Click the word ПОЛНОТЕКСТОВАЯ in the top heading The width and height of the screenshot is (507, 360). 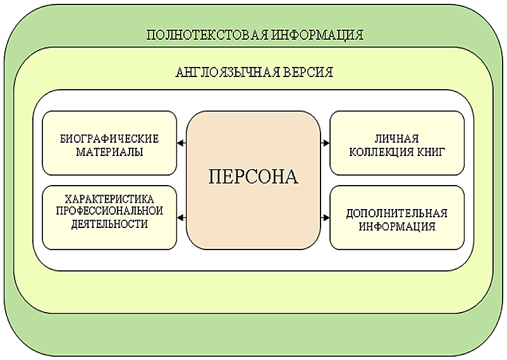click(x=207, y=35)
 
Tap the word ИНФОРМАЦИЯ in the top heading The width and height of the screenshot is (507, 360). click(x=317, y=35)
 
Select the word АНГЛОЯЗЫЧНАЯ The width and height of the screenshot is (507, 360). click(x=228, y=72)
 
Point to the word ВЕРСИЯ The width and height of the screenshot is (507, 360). click(x=308, y=72)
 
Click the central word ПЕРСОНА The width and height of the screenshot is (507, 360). click(x=253, y=177)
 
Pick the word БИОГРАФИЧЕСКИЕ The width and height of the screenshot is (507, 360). click(x=109, y=139)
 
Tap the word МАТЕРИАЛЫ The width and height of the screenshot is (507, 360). click(x=109, y=152)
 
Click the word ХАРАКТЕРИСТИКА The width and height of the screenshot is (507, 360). click(x=109, y=198)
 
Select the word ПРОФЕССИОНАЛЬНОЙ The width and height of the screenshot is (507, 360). click(x=109, y=211)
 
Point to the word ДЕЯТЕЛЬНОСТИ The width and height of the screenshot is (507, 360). click(x=109, y=224)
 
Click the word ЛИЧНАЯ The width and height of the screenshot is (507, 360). click(x=397, y=139)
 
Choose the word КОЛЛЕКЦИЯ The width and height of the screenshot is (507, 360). click(x=381, y=152)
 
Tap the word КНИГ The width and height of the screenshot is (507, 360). click(x=430, y=152)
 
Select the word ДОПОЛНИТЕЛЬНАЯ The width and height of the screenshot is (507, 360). click(x=397, y=213)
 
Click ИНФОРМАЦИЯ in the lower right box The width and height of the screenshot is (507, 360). click(x=397, y=226)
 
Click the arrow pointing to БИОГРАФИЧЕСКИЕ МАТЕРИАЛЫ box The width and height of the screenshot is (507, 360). click(x=181, y=143)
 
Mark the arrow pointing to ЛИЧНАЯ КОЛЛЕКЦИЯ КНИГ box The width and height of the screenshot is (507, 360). click(x=325, y=143)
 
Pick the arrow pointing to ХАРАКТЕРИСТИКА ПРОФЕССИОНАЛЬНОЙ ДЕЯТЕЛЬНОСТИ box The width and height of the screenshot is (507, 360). click(x=181, y=218)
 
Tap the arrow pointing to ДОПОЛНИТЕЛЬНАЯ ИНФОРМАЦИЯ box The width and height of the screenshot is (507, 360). click(x=325, y=218)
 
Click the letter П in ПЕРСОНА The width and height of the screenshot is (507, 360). click(x=215, y=177)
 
